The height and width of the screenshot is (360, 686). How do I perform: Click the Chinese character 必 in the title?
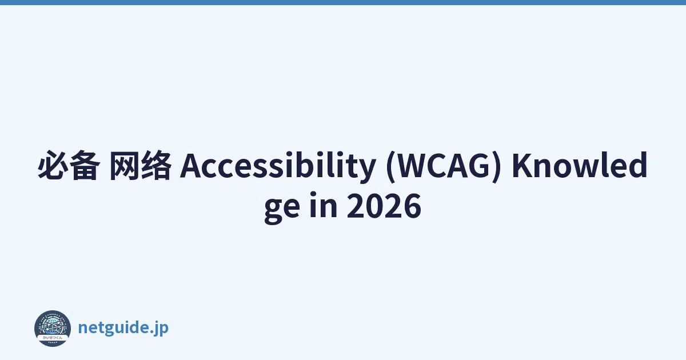pyautogui.click(x=53, y=165)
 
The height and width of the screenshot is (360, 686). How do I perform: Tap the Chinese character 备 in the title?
pyautogui.click(x=85, y=165)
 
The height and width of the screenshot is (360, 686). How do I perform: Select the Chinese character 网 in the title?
pyautogui.click(x=124, y=165)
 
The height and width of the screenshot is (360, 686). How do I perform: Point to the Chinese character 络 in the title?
pyautogui.click(x=156, y=165)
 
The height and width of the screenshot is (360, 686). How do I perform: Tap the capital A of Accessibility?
pyautogui.click(x=191, y=165)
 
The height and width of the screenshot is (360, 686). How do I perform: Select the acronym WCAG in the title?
pyautogui.click(x=444, y=165)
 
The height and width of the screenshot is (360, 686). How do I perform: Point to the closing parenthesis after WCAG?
pyautogui.click(x=496, y=166)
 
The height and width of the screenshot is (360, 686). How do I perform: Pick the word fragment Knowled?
pyautogui.click(x=580, y=165)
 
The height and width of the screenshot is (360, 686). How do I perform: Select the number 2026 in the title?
pyautogui.click(x=384, y=206)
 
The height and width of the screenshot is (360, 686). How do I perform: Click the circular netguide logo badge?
pyautogui.click(x=53, y=329)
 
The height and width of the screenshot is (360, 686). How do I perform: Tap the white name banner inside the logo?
pyautogui.click(x=53, y=337)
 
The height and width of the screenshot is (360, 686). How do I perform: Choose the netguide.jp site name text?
pyautogui.click(x=123, y=328)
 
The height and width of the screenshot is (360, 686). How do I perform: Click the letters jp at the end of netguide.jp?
pyautogui.click(x=161, y=329)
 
